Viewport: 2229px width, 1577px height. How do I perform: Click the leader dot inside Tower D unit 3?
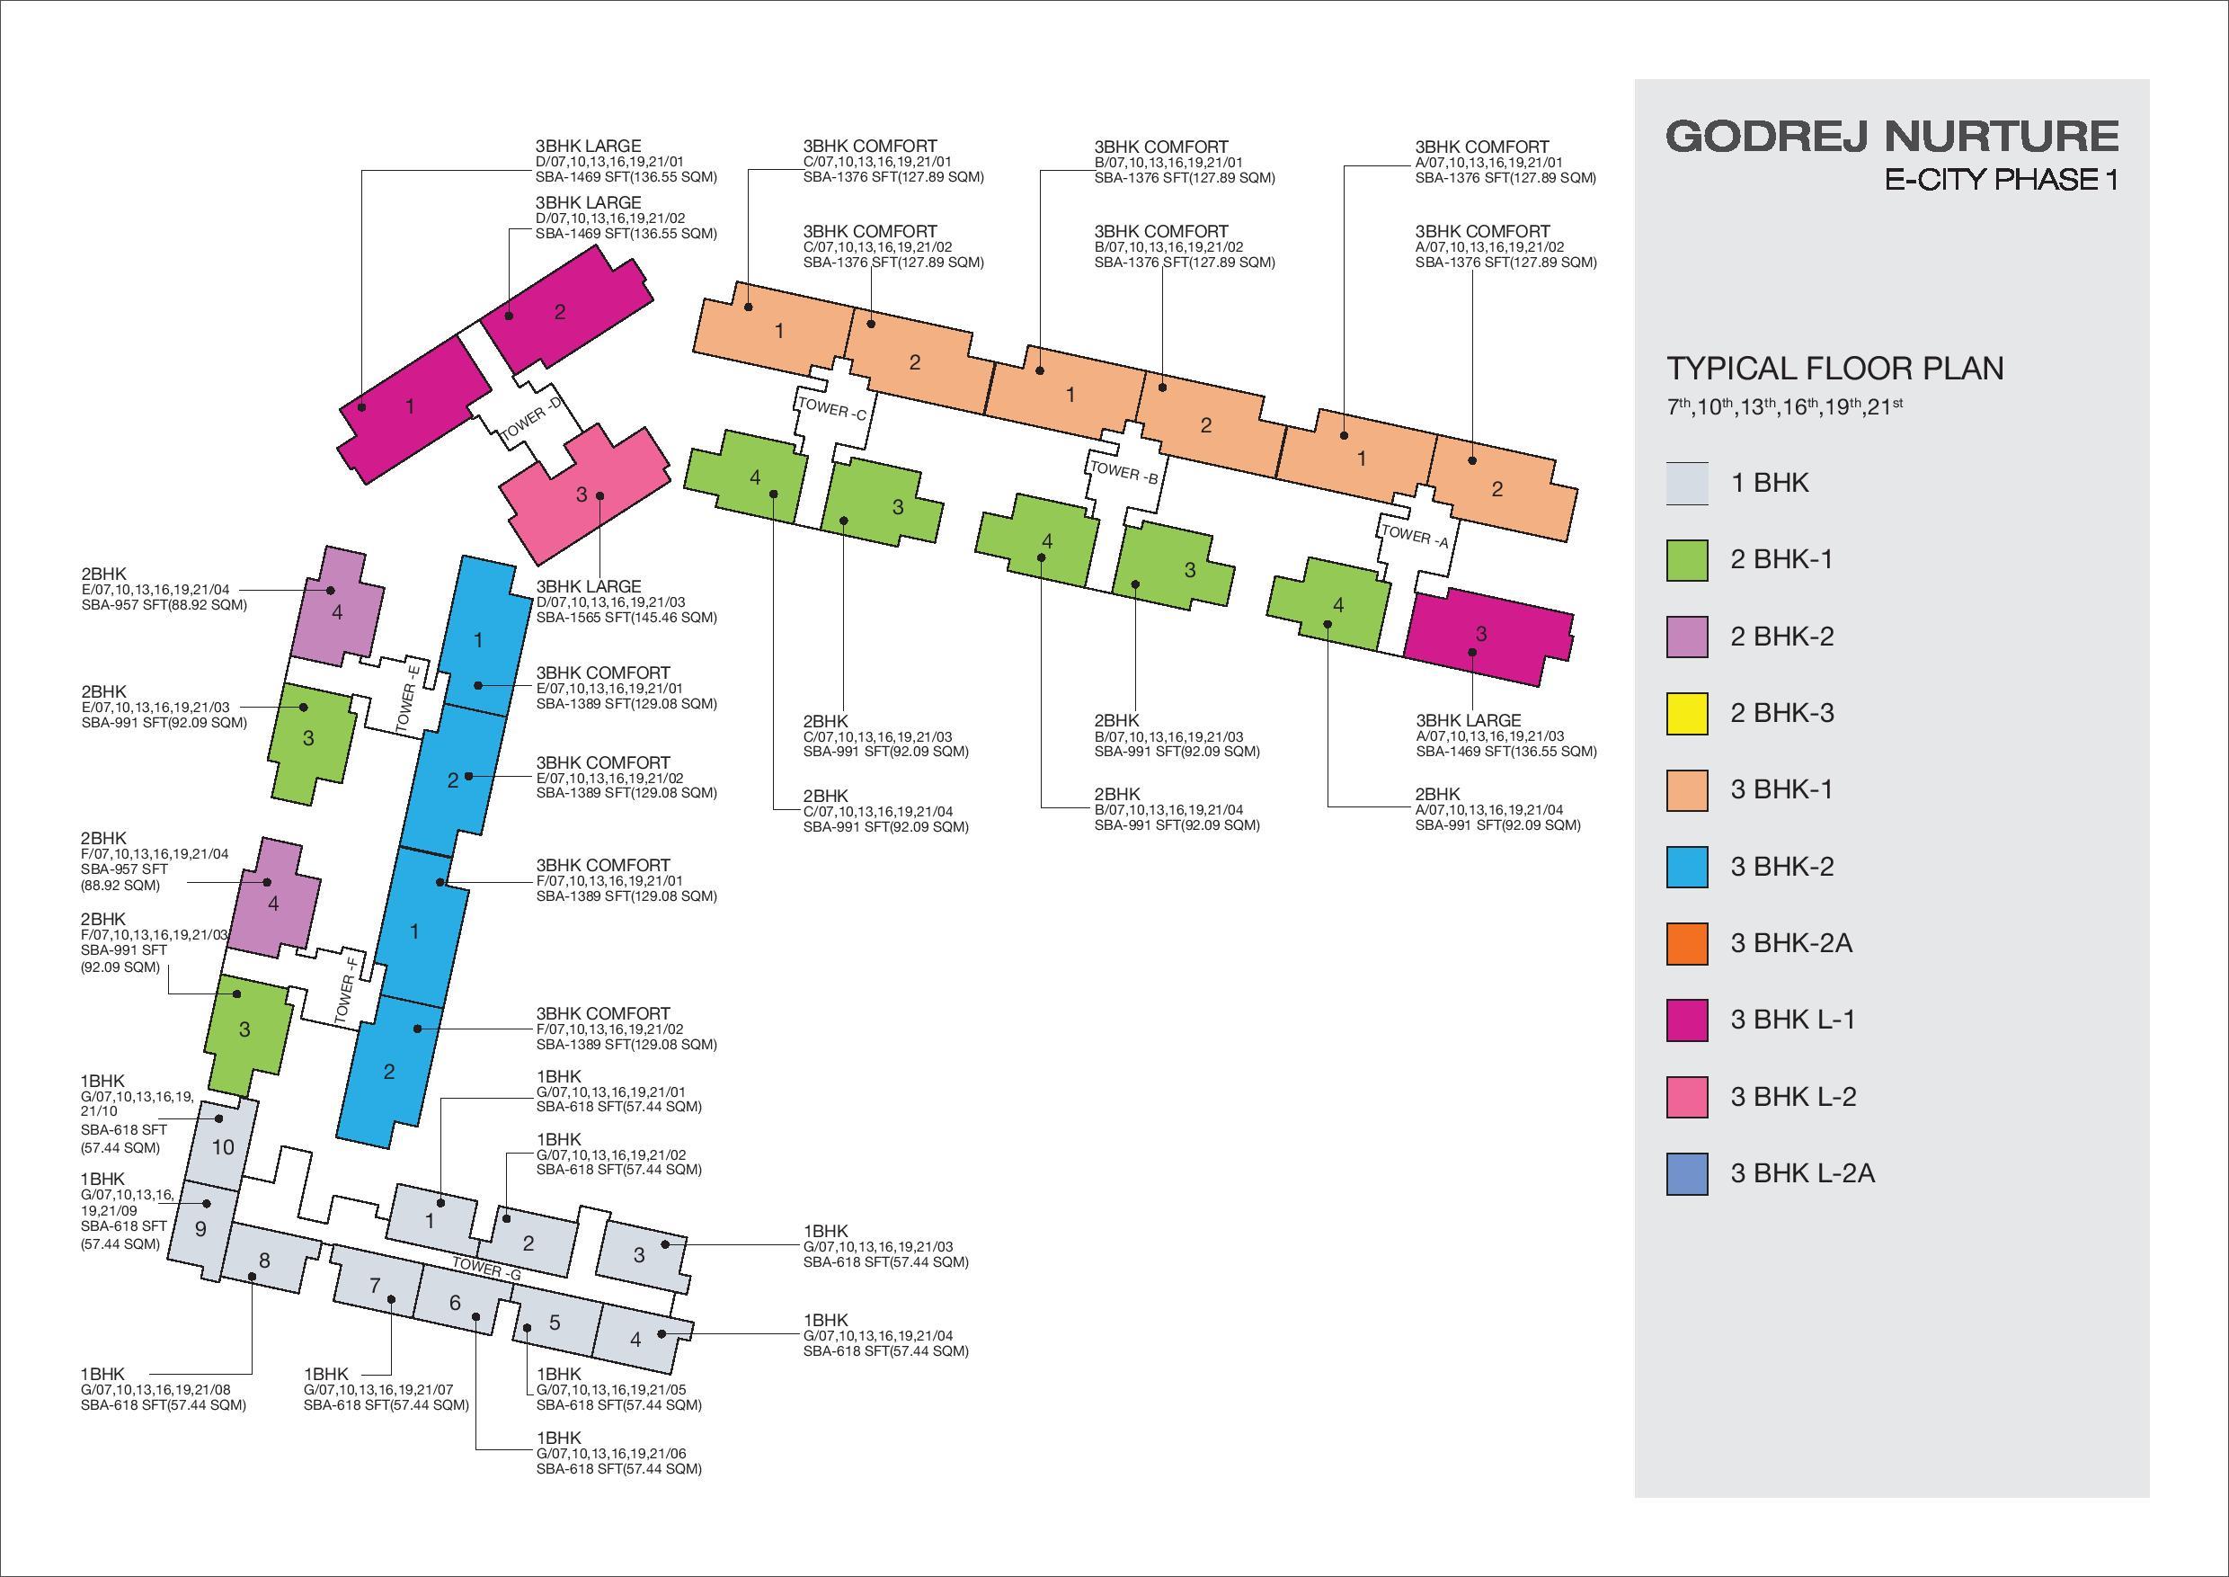(x=600, y=495)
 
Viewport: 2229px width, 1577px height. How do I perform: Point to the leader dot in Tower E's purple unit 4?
(x=330, y=590)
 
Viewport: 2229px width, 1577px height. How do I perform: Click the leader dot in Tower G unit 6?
(x=476, y=1317)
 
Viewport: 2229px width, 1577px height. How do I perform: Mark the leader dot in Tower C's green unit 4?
(x=774, y=494)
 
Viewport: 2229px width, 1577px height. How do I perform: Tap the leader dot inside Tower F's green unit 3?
(x=235, y=993)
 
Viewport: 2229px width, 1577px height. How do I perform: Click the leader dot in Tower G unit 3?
(x=665, y=1244)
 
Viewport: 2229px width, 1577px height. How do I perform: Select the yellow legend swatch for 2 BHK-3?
(x=1687, y=714)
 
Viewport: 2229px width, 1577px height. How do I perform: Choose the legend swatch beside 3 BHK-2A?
(x=1687, y=944)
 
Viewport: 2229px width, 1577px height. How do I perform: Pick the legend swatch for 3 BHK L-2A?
(x=1687, y=1174)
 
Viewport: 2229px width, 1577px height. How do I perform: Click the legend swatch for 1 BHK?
(x=1687, y=484)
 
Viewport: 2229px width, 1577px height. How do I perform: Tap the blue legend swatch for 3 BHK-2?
(x=1687, y=867)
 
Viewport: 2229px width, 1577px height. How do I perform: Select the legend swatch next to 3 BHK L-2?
(x=1687, y=1097)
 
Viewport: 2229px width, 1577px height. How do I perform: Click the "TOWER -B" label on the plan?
(x=1124, y=473)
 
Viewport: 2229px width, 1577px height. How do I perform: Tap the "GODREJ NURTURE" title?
(x=1892, y=136)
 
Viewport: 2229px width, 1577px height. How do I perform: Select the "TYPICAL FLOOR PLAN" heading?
(x=1834, y=369)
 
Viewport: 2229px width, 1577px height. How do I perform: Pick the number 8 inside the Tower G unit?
(x=264, y=1261)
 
